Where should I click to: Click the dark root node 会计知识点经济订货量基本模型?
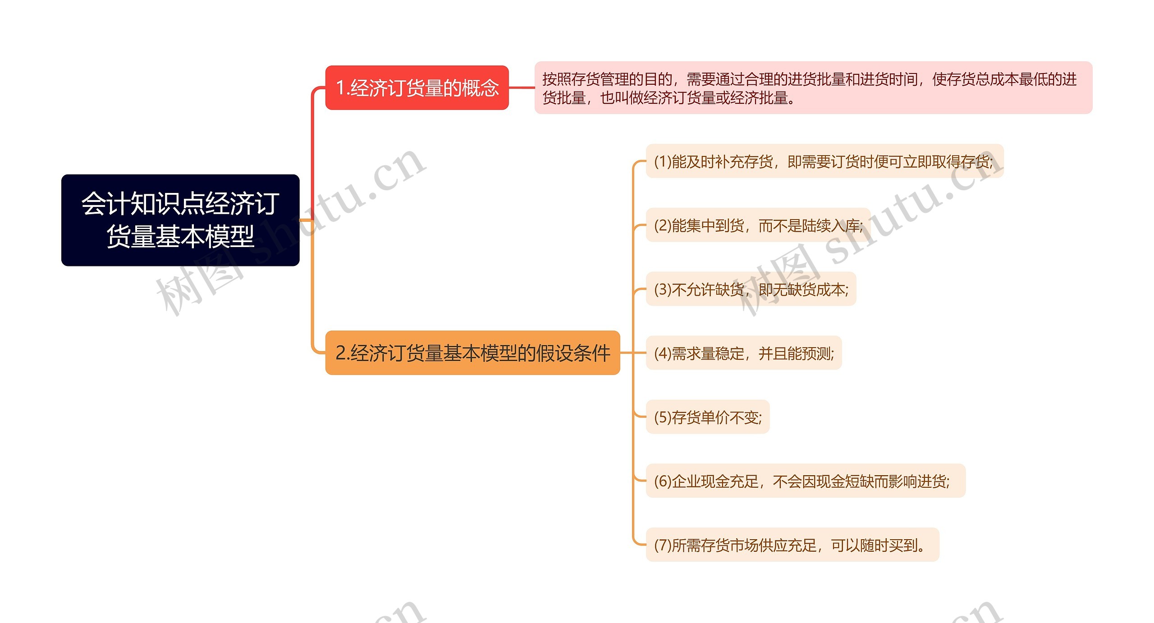pyautogui.click(x=180, y=220)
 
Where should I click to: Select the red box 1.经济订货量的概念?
pyautogui.click(x=417, y=87)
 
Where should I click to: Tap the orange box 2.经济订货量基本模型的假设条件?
pyautogui.click(x=472, y=353)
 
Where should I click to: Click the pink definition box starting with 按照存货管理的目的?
pyautogui.click(x=813, y=88)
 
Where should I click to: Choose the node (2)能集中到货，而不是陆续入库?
pyautogui.click(x=758, y=225)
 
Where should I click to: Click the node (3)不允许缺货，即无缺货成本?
pyautogui.click(x=751, y=289)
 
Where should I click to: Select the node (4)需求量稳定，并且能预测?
pyautogui.click(x=744, y=353)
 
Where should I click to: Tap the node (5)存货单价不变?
pyautogui.click(x=708, y=417)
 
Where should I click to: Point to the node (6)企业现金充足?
pyautogui.click(x=806, y=481)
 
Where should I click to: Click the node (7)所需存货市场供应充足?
pyautogui.click(x=792, y=545)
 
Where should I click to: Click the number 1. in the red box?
pyautogui.click(x=342, y=87)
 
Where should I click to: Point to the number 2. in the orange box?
pyautogui.click(x=342, y=353)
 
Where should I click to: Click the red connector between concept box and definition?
pyautogui.click(x=522, y=87)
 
